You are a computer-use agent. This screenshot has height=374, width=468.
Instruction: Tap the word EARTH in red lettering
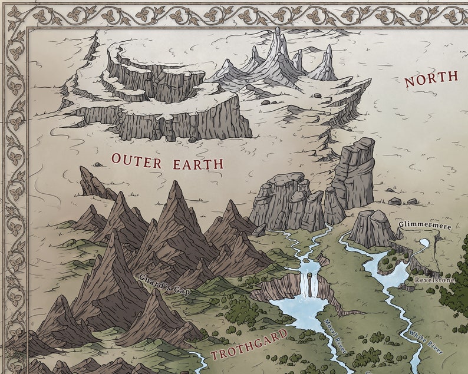197,163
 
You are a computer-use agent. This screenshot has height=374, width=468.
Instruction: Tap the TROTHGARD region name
249,346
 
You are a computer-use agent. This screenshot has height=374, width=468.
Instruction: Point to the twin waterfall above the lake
305,284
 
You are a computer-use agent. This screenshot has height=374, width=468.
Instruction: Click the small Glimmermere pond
424,243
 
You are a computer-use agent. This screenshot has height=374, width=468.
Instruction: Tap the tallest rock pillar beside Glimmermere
355,174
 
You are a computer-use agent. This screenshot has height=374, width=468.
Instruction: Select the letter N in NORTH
410,82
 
